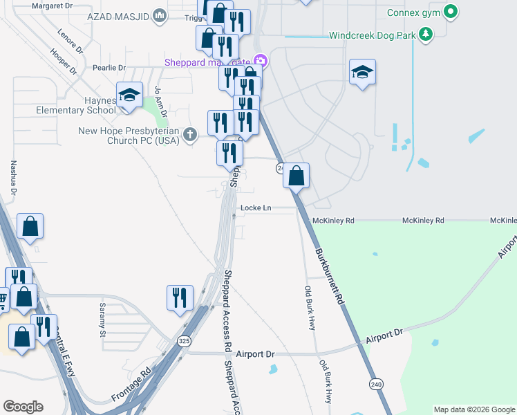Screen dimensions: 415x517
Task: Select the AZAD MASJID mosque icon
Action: (160, 15)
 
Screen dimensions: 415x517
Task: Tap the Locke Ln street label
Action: (256, 207)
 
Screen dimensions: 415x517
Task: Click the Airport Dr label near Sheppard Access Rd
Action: (255, 354)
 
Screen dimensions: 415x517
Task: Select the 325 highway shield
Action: (183, 341)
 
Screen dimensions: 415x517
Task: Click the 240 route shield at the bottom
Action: (376, 385)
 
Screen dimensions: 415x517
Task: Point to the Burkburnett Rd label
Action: (329, 276)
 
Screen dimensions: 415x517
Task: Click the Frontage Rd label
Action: (131, 385)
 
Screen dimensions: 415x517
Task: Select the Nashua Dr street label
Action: (13, 179)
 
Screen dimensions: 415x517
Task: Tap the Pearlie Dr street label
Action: (111, 68)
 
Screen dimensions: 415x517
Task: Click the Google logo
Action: (23, 407)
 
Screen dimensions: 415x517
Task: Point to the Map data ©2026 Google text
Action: (473, 409)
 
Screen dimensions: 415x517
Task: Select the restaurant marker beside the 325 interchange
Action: (180, 297)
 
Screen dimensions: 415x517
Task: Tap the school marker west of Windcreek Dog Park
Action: (362, 73)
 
